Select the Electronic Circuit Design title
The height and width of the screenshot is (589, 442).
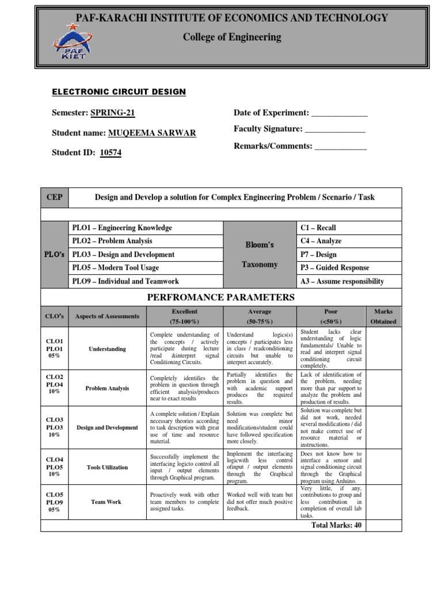point(119,92)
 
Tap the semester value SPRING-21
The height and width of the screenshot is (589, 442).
point(113,113)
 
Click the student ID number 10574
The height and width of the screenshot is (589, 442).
point(110,153)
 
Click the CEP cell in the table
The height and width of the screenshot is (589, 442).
point(54,197)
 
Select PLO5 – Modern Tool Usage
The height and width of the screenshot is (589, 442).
point(116,267)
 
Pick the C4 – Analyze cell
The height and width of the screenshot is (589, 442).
point(321,241)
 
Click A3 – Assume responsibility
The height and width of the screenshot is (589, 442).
point(342,281)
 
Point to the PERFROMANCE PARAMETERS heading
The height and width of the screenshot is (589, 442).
point(221,297)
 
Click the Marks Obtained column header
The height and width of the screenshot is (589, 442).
point(383,316)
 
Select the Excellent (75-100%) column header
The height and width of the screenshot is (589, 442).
point(184,316)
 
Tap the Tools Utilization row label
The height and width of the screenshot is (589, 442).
point(107,467)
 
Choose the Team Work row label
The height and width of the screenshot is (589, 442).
point(106,502)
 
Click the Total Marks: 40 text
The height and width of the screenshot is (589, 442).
point(337,525)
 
